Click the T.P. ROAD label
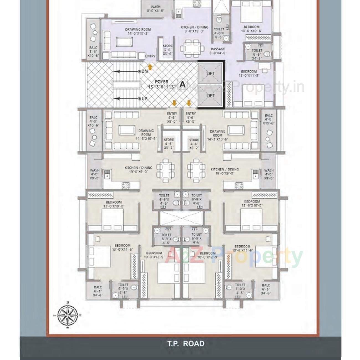click(x=186, y=344)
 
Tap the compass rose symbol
click(x=67, y=315)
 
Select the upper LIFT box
click(x=210, y=74)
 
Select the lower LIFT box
click(x=210, y=96)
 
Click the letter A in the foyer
click(x=183, y=84)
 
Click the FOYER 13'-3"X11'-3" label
click(x=162, y=84)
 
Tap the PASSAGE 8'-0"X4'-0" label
click(x=218, y=51)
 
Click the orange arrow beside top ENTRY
click(x=150, y=67)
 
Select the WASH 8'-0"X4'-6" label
click(x=155, y=9)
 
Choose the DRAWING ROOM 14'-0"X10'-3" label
click(x=138, y=31)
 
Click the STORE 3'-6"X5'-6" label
click(x=168, y=50)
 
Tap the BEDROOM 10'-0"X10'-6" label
click(x=251, y=29)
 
